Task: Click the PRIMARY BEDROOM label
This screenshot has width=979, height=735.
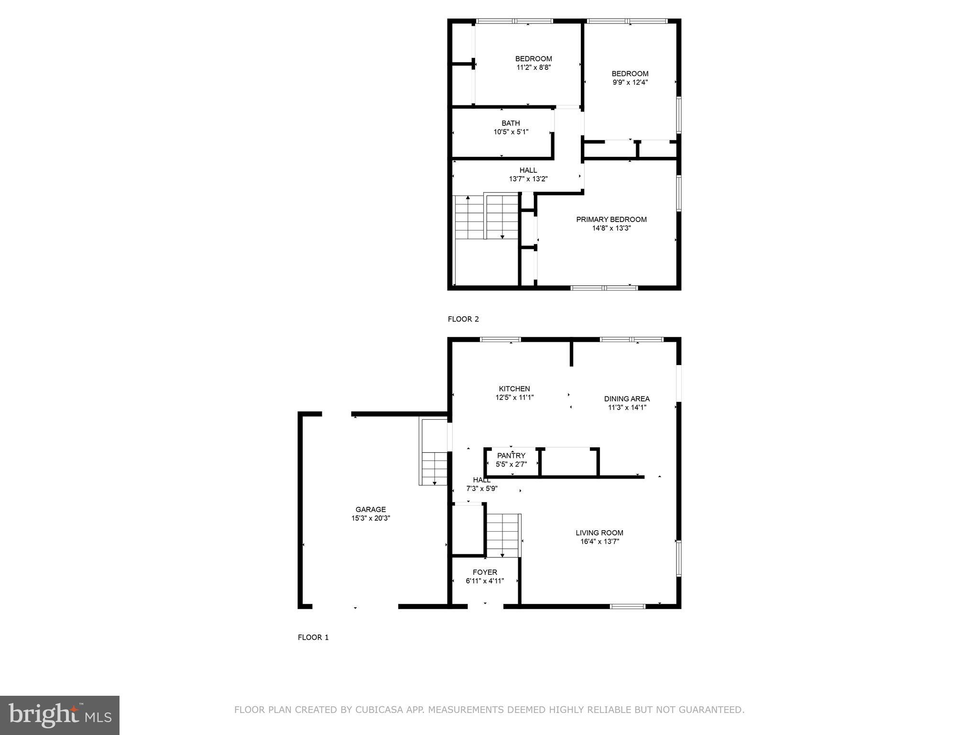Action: click(611, 220)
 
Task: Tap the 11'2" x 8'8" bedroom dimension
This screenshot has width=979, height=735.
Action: click(533, 67)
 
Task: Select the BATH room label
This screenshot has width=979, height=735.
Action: click(511, 123)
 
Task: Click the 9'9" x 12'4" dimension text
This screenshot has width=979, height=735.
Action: click(630, 82)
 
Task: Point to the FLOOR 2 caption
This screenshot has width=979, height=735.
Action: click(463, 319)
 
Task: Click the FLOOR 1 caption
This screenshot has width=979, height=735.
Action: click(313, 637)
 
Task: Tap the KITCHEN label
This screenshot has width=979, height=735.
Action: click(514, 389)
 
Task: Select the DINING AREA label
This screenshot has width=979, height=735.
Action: click(627, 399)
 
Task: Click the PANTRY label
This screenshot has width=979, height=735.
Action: click(511, 456)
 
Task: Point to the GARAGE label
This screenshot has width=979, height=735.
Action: click(370, 510)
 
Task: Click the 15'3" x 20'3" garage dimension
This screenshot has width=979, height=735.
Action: click(370, 518)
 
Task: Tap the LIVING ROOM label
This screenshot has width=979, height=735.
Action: click(599, 533)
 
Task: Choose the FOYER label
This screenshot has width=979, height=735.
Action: click(485, 572)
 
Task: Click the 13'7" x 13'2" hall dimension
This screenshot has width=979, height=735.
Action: click(528, 179)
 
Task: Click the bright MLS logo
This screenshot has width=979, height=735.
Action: click(59, 715)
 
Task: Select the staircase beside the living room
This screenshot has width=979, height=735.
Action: click(503, 535)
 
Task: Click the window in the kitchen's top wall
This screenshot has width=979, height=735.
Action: click(500, 340)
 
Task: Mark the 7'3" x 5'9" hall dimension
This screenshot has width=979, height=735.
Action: click(482, 489)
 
